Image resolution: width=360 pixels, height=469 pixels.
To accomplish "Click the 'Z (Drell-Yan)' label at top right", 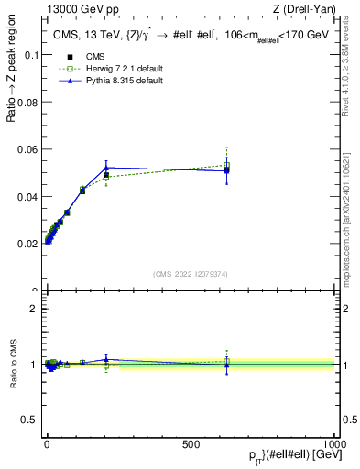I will pyautogui.click(x=305, y=9).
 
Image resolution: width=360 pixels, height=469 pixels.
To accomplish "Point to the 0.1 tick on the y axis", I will pyautogui.click(x=30, y=54).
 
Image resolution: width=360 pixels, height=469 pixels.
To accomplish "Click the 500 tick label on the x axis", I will pyautogui.click(x=191, y=442).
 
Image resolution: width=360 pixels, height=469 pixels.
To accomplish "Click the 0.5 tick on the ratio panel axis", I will pyautogui.click(x=28, y=420).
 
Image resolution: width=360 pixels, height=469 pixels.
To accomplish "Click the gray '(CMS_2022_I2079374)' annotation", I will pyautogui.click(x=191, y=273).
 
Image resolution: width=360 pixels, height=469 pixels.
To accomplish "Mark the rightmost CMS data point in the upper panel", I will pyautogui.click(x=227, y=169).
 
